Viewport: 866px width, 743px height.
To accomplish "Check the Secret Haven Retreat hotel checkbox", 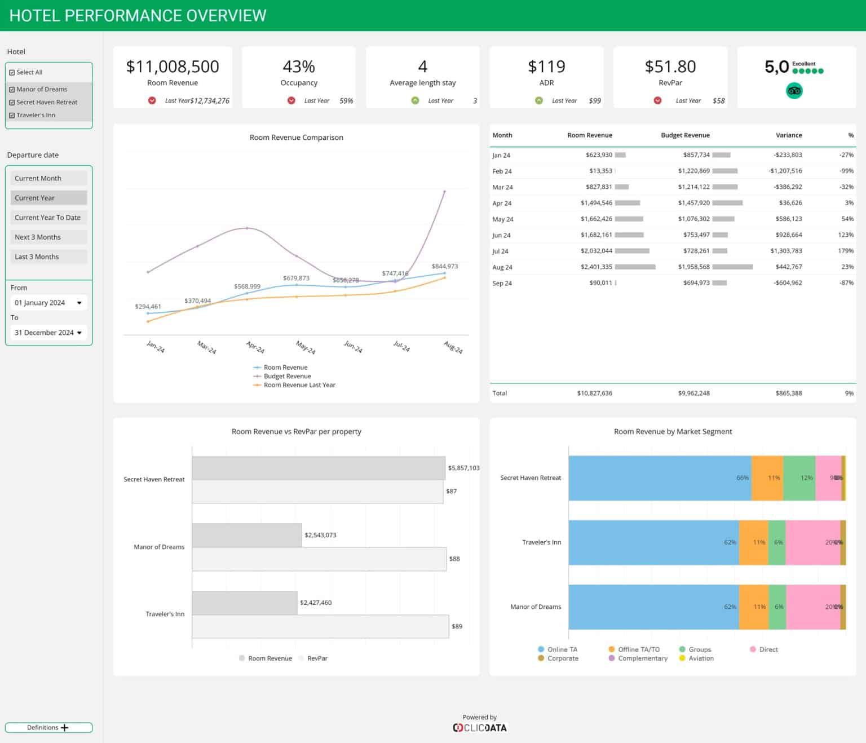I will (12, 102).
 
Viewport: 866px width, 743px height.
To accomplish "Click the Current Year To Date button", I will (48, 218).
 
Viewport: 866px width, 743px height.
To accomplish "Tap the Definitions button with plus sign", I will (48, 728).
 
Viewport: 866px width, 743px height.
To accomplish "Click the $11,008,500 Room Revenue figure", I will (173, 67).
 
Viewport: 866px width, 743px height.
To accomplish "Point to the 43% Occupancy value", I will (299, 67).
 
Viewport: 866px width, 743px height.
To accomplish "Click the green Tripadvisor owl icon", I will (794, 91).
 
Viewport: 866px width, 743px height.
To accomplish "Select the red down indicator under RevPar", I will (657, 100).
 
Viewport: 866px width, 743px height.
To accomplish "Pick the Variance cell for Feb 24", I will (785, 171).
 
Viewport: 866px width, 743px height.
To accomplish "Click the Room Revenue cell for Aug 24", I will (596, 267).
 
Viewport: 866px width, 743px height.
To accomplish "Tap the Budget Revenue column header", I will (685, 135).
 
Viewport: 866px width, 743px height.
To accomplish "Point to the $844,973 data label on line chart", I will (444, 266).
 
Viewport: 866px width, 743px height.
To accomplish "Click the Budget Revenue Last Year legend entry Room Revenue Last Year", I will (299, 385).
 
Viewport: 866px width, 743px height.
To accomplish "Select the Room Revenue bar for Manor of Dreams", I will (247, 535).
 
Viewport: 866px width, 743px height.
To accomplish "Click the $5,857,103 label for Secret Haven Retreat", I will (463, 468).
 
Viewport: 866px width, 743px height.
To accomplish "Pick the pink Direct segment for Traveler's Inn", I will (812, 542).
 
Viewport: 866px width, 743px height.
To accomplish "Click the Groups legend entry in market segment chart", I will (699, 649).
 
